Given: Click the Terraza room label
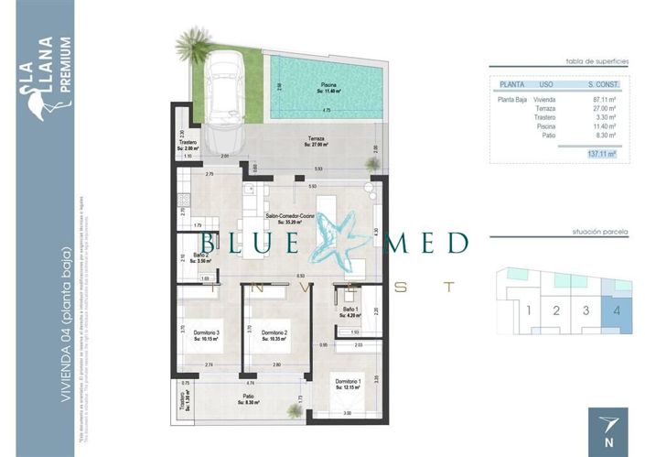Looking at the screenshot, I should [x=317, y=140].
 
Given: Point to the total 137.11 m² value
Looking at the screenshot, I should [x=600, y=154].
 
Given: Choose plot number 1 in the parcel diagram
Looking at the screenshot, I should [x=529, y=310].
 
